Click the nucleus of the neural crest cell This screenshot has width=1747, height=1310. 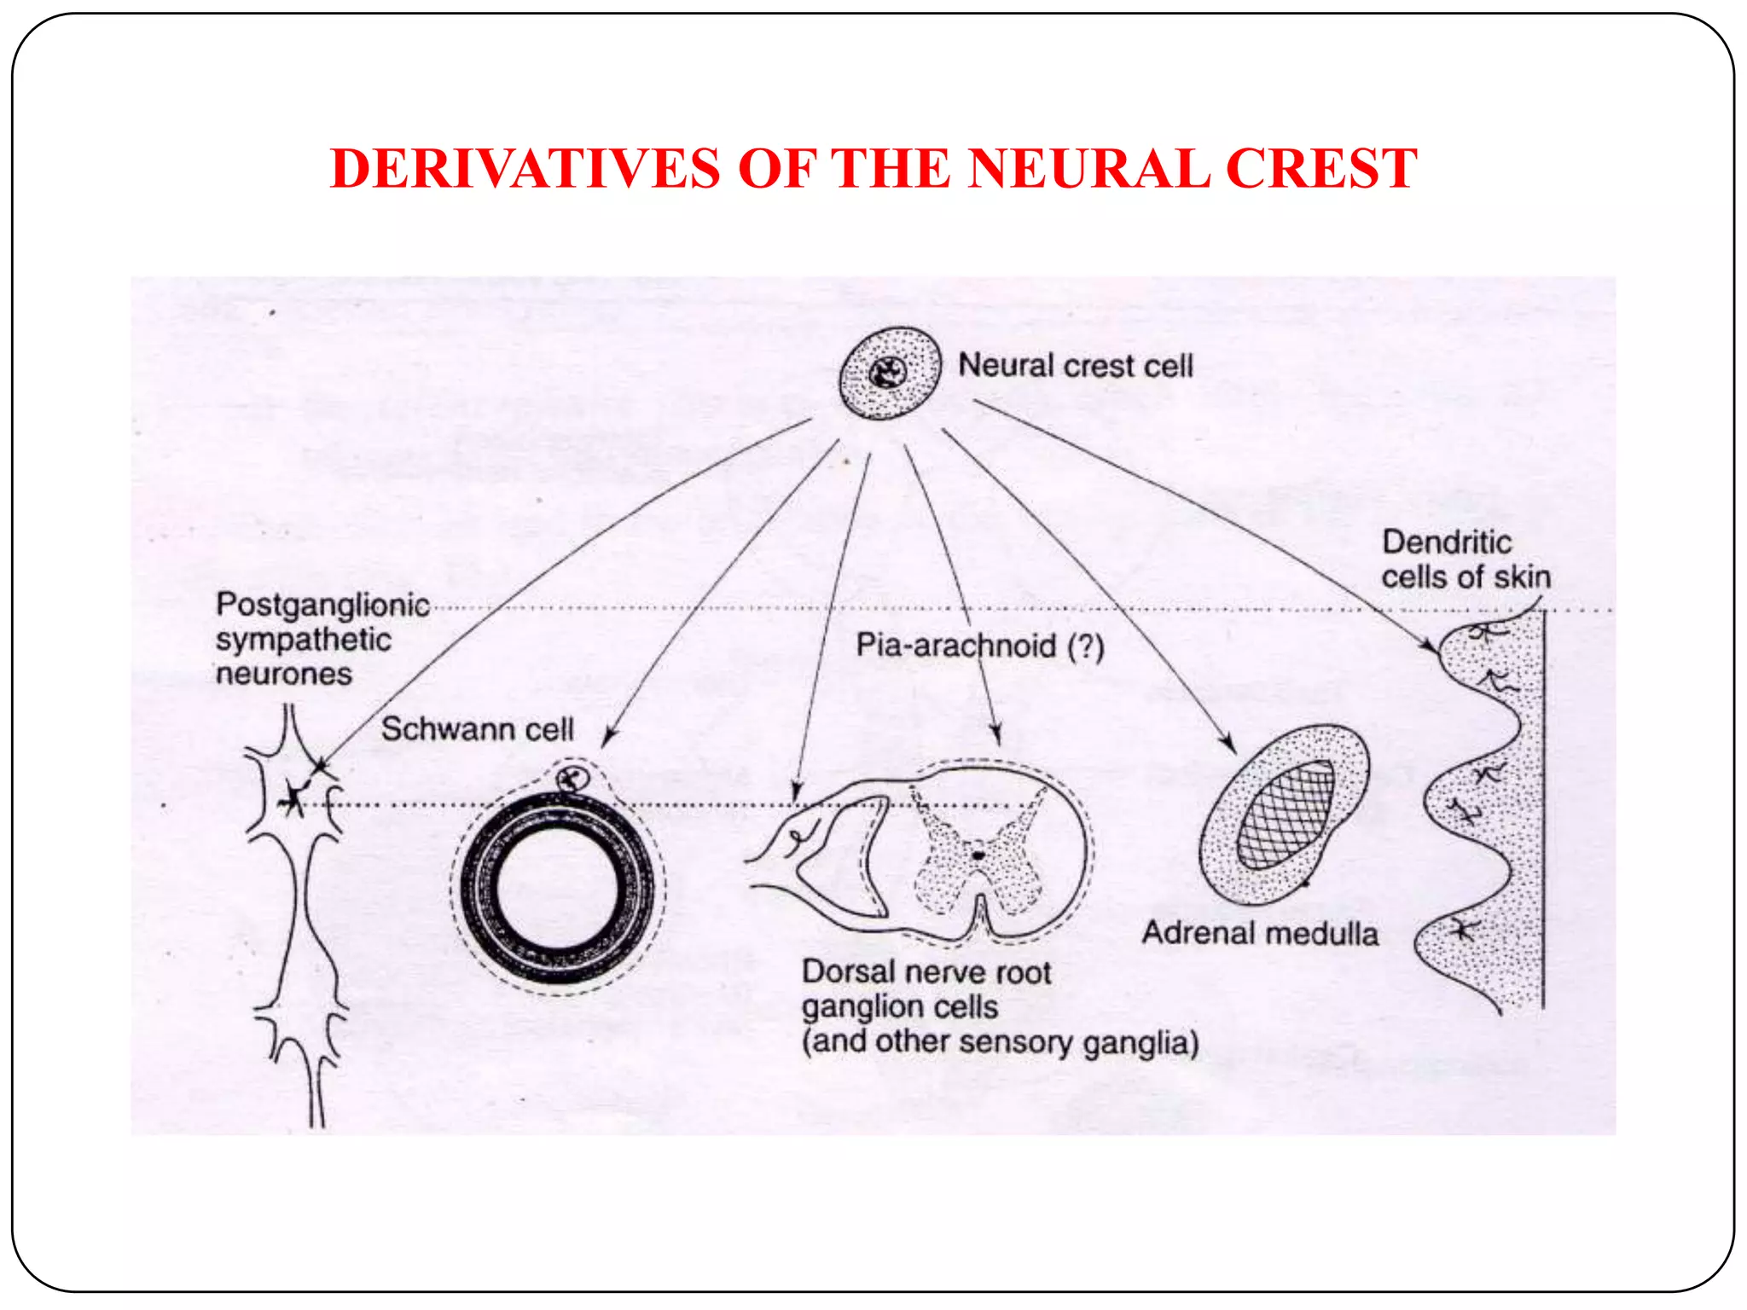[887, 372]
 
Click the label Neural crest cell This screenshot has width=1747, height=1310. [1075, 366]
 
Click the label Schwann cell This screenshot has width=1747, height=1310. [477, 729]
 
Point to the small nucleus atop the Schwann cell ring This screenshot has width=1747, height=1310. [571, 778]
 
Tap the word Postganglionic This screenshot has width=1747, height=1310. [322, 605]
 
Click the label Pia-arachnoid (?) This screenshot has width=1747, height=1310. [980, 646]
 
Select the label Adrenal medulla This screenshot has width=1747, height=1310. [1260, 933]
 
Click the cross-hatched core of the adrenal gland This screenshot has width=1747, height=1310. [1285, 814]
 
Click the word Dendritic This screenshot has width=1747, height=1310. [1447, 542]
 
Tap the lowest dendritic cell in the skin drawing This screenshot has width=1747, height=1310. [1463, 930]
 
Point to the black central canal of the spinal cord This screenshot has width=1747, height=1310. [978, 854]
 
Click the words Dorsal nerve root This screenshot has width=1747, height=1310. [926, 972]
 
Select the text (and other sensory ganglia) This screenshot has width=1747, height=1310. [1000, 1042]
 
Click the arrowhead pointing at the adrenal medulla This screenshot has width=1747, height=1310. [1229, 745]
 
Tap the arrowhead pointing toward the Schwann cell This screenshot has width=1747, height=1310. [608, 739]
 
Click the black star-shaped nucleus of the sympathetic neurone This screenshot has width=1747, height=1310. [293, 798]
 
